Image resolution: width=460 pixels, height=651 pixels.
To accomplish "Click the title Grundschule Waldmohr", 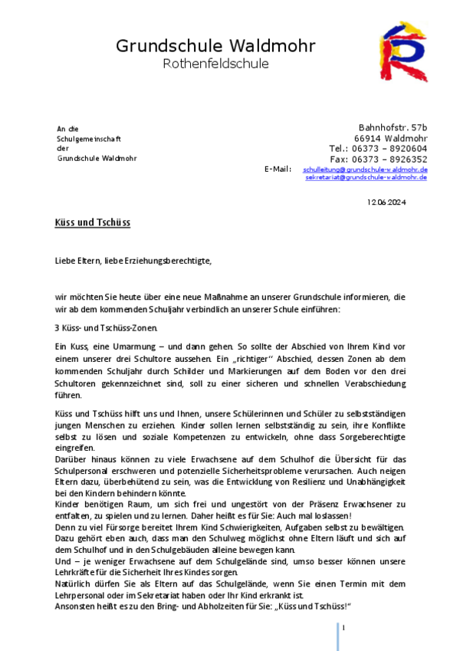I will click(x=215, y=46).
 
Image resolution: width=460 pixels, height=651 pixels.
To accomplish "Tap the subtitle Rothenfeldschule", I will click(x=215, y=64).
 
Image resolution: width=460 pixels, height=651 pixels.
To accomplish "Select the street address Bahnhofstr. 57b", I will click(x=393, y=127).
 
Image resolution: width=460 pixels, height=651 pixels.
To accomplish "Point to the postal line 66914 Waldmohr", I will click(x=390, y=137).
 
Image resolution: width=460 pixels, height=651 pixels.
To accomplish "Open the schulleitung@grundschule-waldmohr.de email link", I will click(x=365, y=169).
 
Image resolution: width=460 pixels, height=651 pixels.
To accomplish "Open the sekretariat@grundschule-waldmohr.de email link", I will click(x=366, y=177).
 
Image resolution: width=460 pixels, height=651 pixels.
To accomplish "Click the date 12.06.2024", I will click(x=386, y=202).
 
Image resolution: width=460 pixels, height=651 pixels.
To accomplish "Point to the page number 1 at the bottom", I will click(x=344, y=628).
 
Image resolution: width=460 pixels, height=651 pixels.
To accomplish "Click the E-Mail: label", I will click(x=278, y=169).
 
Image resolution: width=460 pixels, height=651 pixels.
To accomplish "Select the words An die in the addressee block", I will click(x=67, y=128).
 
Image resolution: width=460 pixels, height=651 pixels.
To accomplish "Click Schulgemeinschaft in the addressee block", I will click(x=89, y=138).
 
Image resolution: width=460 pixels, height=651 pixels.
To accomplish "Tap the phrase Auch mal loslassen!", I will click(x=307, y=517).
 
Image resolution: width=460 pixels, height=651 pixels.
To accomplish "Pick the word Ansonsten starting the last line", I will click(x=77, y=607).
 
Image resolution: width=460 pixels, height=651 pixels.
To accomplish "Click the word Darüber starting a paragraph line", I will click(x=74, y=459).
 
